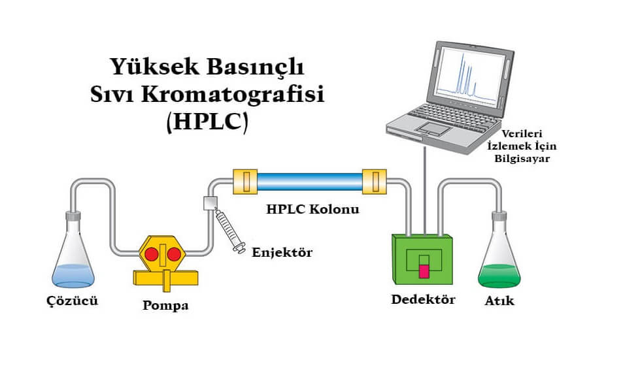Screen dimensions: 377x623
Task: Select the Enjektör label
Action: click(x=282, y=252)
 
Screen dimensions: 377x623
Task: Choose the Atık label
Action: click(x=499, y=301)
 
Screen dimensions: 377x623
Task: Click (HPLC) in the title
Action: click(x=207, y=123)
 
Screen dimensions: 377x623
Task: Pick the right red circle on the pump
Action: click(x=174, y=254)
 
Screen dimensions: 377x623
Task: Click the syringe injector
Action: click(x=227, y=228)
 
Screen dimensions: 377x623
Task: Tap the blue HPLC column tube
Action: click(x=310, y=181)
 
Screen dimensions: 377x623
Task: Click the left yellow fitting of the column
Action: click(x=245, y=181)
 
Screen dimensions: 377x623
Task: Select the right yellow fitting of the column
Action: click(x=375, y=181)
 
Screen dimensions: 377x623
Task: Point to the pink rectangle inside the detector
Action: click(x=424, y=270)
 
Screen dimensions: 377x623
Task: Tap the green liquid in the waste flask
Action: click(x=499, y=276)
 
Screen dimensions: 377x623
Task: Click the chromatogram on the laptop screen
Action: click(x=466, y=74)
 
